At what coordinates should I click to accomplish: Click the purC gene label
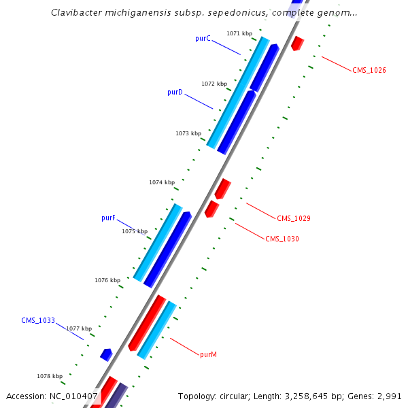pos(203,39)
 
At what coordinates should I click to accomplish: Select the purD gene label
pos(175,92)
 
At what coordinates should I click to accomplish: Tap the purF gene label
pos(108,218)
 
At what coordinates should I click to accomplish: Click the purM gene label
pos(209,354)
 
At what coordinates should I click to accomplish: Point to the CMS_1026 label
pos(369,71)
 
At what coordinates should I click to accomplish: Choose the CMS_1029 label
pos(294,218)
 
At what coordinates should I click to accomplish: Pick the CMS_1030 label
pos(282,239)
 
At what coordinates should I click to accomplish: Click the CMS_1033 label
pos(38,320)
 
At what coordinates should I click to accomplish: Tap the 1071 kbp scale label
pos(239,33)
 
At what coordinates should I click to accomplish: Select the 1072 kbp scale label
pos(214,84)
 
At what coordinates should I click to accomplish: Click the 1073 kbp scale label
pos(188,134)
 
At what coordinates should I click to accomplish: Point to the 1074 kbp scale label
pos(162,182)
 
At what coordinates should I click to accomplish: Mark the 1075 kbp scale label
pos(135,232)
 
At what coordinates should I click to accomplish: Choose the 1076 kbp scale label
pos(107,280)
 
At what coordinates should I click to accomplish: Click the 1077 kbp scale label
pos(79,328)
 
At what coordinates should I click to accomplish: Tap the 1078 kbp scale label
pos(50,376)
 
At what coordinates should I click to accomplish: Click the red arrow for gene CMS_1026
pos(297,43)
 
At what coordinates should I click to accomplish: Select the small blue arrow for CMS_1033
pos(106,354)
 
